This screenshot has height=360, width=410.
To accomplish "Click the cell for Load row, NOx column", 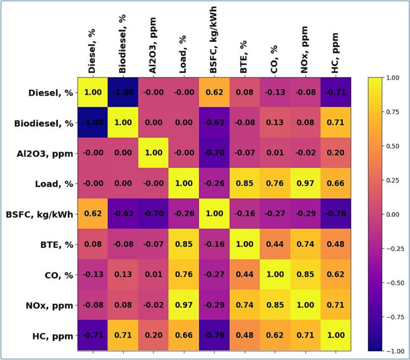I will (x=305, y=183).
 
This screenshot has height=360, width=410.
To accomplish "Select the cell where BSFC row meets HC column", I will (x=335, y=214).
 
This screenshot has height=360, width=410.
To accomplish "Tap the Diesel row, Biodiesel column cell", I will (x=123, y=92).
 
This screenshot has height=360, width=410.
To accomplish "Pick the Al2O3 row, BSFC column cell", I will (x=214, y=153).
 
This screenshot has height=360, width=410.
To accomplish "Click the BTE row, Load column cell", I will (x=184, y=244).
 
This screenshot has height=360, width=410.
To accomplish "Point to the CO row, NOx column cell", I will (x=305, y=274).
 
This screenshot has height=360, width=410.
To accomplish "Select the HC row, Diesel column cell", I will (x=93, y=336).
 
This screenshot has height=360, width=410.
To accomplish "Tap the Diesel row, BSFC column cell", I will (x=214, y=92).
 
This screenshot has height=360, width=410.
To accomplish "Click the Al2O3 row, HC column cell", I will (x=335, y=153).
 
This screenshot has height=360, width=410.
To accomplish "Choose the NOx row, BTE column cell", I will (x=245, y=305).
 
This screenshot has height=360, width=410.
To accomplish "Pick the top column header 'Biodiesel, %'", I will (x=123, y=44).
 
